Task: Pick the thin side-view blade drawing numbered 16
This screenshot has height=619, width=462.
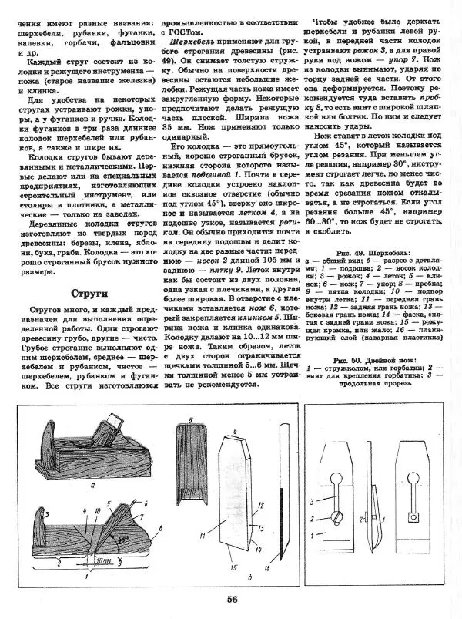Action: (x=276, y=509)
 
